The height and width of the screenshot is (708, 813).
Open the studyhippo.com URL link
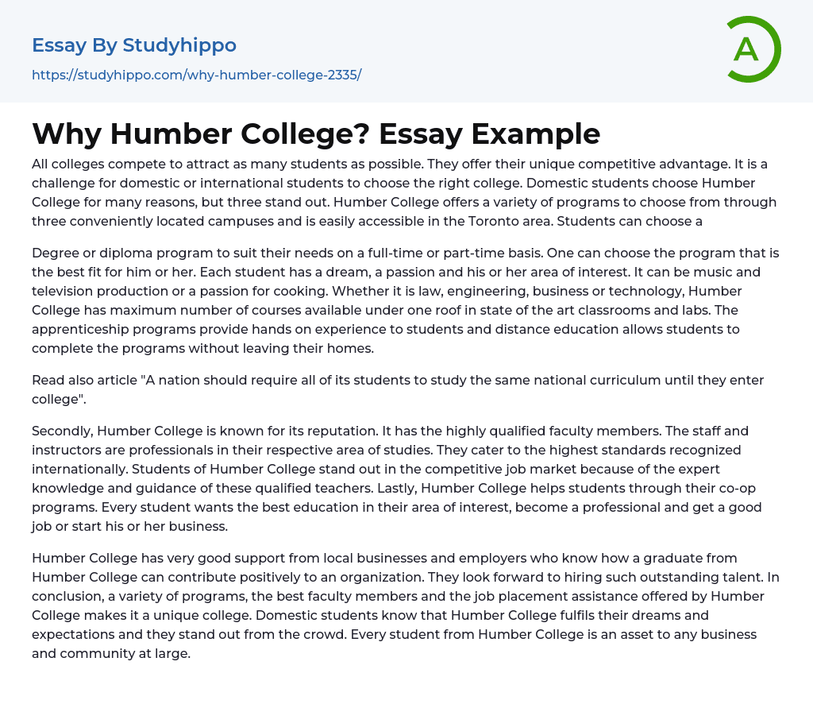coord(196,75)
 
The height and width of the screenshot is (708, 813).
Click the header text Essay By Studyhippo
coord(134,45)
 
